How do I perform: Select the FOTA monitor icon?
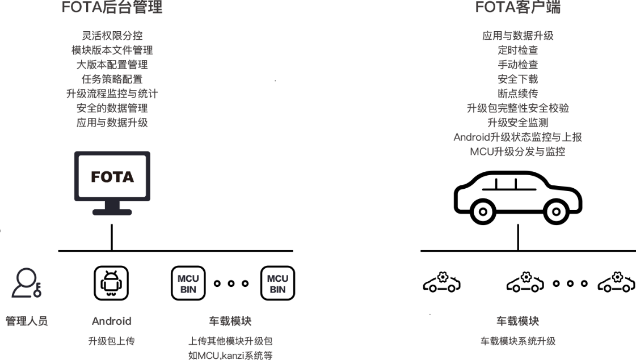(x=112, y=183)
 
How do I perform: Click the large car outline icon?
(x=517, y=197)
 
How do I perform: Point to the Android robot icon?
(x=111, y=281)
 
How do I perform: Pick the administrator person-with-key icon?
(x=26, y=281)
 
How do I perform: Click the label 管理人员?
(x=27, y=321)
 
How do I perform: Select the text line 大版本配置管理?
(x=112, y=65)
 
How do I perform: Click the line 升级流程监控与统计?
(x=112, y=94)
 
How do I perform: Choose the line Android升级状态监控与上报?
(x=517, y=137)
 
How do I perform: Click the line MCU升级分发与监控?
(x=517, y=152)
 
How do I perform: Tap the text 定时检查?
(x=517, y=50)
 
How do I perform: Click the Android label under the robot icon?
(x=111, y=321)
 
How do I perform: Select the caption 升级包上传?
(x=111, y=341)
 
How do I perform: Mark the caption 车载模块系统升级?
(x=517, y=341)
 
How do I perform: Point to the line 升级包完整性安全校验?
(x=517, y=108)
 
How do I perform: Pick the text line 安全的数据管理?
(x=112, y=108)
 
